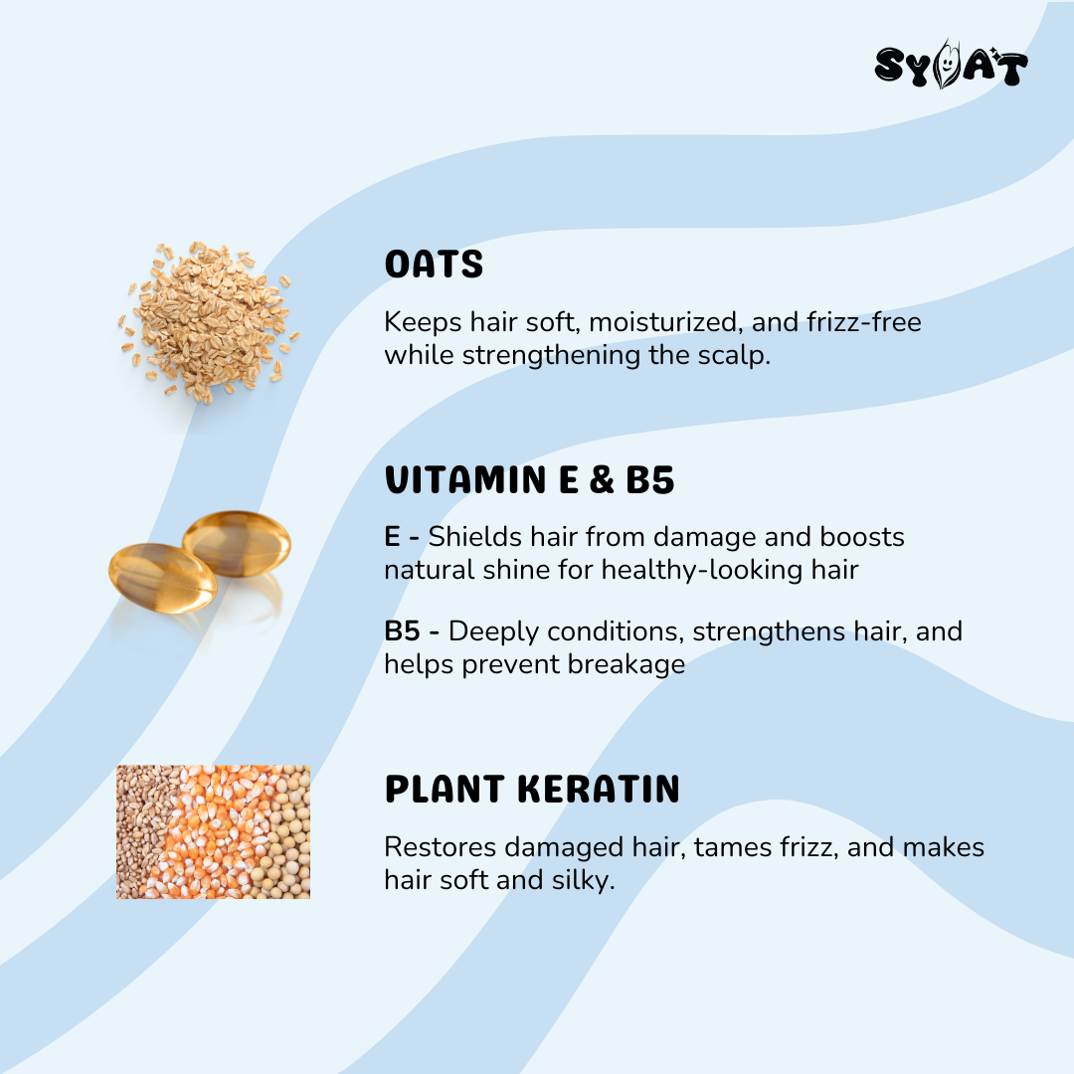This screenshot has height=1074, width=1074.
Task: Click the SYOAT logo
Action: tap(951, 65)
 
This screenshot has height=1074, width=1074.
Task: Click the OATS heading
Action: tap(434, 265)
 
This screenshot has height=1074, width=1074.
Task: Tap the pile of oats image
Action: tap(209, 320)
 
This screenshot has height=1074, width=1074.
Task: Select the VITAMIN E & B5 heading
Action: tap(529, 479)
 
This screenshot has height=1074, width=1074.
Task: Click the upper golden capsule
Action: tap(237, 543)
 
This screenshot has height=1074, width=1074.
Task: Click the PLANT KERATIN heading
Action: tap(532, 789)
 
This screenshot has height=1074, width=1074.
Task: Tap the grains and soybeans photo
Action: tap(213, 831)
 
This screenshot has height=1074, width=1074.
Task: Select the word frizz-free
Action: tap(864, 321)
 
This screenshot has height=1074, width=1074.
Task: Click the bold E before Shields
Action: tap(392, 537)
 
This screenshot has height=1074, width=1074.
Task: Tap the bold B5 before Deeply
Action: tap(402, 630)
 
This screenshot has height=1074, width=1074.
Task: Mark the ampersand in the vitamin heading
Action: tap(601, 479)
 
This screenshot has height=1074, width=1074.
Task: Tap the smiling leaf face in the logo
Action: tap(948, 65)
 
